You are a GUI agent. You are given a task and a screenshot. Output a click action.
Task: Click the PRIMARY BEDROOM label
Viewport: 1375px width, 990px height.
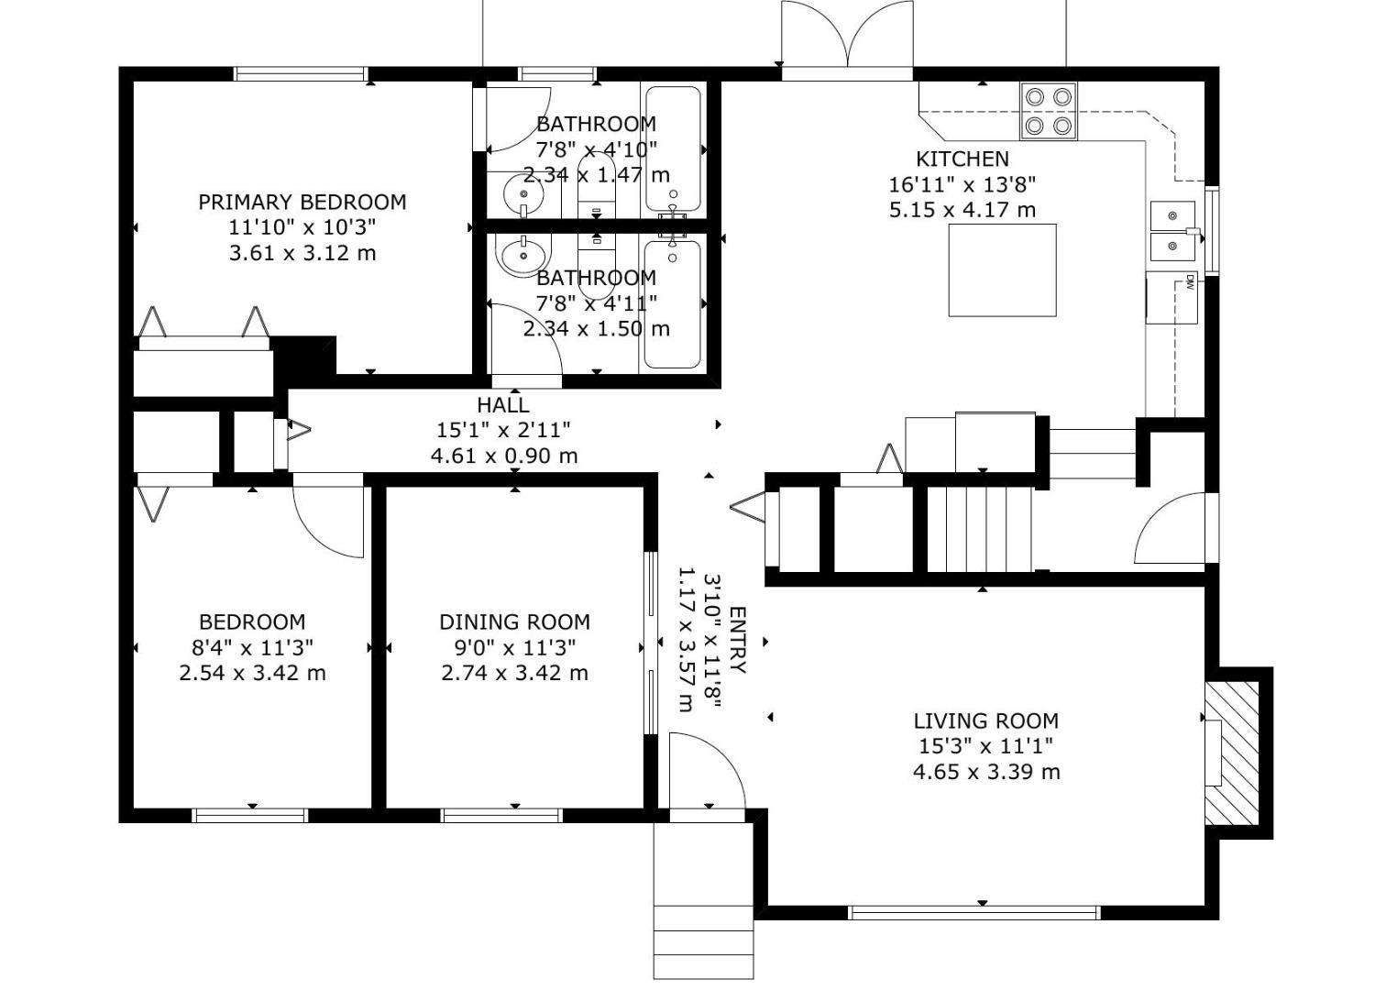(302, 202)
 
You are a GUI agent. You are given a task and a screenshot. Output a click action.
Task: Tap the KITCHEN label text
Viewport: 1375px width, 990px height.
(962, 159)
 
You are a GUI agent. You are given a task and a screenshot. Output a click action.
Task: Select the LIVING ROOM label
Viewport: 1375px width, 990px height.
(985, 720)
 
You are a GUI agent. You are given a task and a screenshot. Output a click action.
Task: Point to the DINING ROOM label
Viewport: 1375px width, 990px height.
(514, 622)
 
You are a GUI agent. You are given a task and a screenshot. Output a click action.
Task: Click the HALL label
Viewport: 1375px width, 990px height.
(502, 405)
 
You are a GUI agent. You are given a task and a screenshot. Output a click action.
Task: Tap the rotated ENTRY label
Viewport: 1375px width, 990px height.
(738, 640)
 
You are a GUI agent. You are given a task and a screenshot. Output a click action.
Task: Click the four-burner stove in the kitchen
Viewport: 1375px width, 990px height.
(1049, 111)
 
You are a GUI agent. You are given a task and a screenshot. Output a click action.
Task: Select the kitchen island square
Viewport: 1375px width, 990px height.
(1003, 270)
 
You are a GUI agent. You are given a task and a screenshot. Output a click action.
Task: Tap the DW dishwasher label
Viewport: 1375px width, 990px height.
(1190, 281)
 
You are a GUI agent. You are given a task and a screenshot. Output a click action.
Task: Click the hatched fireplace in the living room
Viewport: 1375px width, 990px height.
(1231, 753)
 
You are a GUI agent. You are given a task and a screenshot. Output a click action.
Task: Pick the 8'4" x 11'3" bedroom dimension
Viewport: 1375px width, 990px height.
(252, 647)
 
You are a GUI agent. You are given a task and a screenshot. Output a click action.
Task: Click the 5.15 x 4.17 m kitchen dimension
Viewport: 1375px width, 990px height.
(962, 210)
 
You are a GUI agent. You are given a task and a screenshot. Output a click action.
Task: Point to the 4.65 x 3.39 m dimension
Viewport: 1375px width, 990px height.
(985, 772)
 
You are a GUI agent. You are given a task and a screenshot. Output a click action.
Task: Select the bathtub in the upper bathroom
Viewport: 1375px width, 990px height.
(673, 149)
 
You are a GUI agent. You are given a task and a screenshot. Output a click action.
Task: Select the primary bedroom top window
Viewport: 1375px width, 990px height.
(302, 74)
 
